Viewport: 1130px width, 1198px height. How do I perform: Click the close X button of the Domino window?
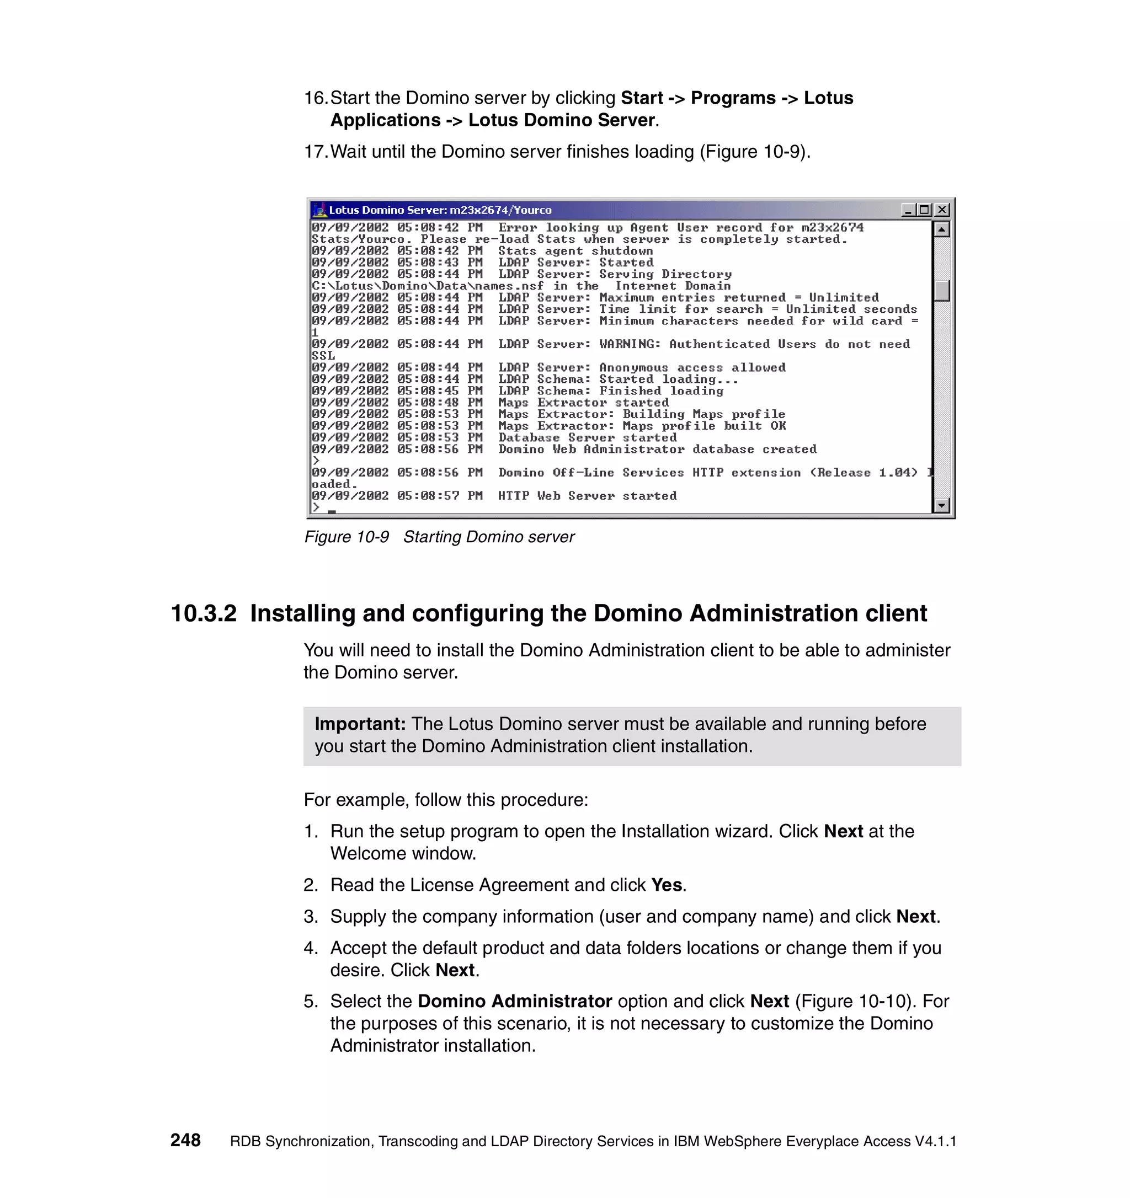[x=941, y=210]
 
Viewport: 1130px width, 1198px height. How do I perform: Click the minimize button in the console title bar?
[x=908, y=210]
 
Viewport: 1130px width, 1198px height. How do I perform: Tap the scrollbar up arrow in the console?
[x=941, y=229]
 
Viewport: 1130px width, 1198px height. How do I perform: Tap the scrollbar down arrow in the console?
[x=941, y=506]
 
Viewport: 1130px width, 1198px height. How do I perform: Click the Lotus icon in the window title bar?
[x=320, y=210]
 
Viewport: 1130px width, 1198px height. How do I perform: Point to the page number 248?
[x=185, y=1140]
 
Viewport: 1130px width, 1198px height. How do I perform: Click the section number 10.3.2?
[x=204, y=613]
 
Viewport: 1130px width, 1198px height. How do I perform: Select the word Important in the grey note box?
[x=360, y=724]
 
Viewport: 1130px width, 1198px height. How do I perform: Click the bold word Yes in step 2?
[x=667, y=885]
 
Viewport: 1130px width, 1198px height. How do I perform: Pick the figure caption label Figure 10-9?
[x=347, y=537]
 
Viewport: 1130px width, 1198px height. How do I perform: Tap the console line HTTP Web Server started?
[x=587, y=496]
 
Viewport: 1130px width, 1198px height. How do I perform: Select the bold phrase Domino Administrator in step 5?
[x=515, y=1001]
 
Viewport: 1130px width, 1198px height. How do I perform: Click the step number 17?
[x=315, y=152]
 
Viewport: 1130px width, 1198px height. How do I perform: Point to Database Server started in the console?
[x=587, y=437]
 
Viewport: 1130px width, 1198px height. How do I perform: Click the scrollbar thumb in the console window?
[x=941, y=291]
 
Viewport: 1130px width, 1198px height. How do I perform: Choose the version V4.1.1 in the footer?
[x=935, y=1141]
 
